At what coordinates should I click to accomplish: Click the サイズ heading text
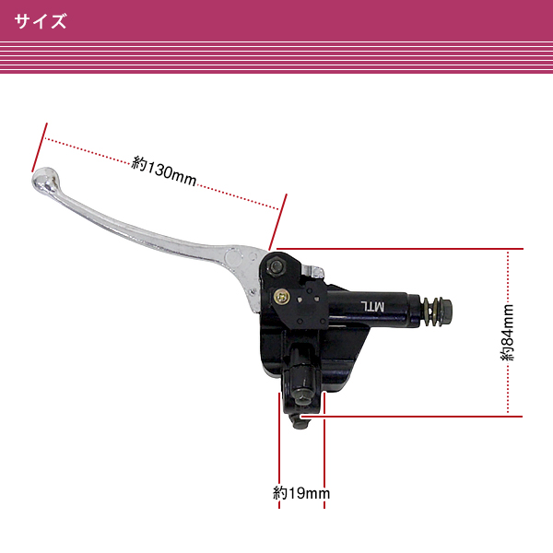(41, 21)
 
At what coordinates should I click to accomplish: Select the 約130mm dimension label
(164, 171)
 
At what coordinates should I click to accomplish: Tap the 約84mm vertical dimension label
(508, 332)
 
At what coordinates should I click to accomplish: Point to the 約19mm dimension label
(301, 493)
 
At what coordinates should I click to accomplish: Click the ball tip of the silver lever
(44, 179)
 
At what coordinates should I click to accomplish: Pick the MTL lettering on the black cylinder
(372, 306)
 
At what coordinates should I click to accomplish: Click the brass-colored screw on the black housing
(281, 297)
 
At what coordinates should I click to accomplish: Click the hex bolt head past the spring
(445, 311)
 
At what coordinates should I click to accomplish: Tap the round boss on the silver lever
(233, 257)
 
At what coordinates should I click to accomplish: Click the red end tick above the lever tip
(40, 147)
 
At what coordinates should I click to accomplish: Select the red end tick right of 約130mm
(278, 222)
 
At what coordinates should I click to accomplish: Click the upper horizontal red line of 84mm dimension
(400, 249)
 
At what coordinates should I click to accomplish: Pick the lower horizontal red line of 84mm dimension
(411, 417)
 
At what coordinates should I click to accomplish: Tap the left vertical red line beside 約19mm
(279, 451)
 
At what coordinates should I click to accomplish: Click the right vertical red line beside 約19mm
(324, 451)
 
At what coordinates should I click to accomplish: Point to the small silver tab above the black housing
(313, 271)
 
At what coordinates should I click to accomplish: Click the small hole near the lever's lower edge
(253, 291)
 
